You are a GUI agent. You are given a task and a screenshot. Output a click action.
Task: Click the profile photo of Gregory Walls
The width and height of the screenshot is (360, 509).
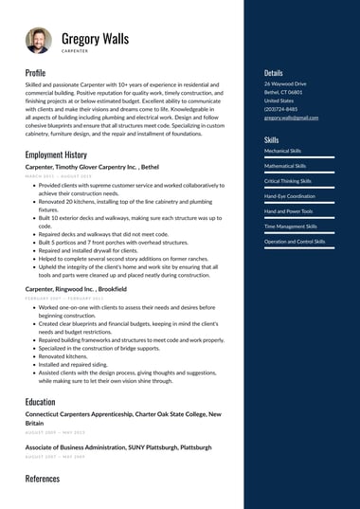coord(39,41)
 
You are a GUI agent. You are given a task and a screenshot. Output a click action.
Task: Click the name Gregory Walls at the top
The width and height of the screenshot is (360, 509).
coord(96,37)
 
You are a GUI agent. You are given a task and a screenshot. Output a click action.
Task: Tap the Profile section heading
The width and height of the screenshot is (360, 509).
coord(35,73)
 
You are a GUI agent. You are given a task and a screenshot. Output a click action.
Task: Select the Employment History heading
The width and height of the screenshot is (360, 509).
coord(56,155)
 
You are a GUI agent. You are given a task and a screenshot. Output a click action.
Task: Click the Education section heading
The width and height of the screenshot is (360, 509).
coord(40,402)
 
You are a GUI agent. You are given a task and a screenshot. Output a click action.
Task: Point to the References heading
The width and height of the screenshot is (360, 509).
coord(42,479)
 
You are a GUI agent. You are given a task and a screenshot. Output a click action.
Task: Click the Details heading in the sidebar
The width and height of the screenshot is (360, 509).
coord(273,72)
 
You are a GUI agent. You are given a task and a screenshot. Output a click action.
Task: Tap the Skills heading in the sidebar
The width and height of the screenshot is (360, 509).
coord(271,139)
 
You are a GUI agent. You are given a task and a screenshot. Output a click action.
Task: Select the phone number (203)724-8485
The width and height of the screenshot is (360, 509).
coord(280,109)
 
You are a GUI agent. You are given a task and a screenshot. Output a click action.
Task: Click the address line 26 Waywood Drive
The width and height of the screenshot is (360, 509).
coord(285,83)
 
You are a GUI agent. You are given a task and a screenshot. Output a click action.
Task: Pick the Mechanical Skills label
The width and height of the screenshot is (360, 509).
coord(282,151)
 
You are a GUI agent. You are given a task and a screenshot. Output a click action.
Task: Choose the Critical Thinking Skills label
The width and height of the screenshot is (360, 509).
coord(288,180)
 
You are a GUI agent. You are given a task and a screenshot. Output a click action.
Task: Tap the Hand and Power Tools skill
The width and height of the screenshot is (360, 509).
coord(288,210)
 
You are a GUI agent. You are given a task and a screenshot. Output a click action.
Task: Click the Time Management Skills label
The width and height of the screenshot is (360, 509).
coord(290,227)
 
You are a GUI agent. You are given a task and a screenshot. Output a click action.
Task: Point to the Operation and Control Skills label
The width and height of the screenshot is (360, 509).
coord(294,242)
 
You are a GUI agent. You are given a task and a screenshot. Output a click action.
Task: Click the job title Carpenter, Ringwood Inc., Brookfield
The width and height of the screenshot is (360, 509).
coord(76,287)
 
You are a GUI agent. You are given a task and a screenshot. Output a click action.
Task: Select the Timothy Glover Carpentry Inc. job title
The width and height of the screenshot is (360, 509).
coord(92,166)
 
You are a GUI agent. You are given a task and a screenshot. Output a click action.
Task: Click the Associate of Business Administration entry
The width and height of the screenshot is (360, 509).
coord(117,446)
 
